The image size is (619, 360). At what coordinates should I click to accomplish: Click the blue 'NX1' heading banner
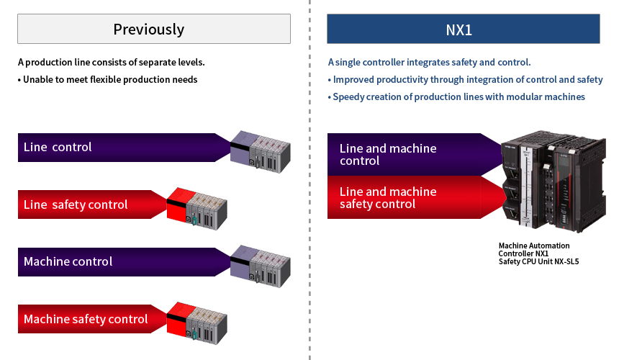463,30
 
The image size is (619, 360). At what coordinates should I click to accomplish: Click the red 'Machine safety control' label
86,319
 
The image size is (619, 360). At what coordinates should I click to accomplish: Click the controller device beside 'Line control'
260,149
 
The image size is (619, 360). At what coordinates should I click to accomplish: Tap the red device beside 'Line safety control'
197,207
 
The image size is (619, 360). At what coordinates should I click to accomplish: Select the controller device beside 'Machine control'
260,264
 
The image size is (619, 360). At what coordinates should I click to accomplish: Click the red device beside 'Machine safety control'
197,322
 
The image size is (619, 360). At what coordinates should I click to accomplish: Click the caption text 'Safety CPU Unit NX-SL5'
538,262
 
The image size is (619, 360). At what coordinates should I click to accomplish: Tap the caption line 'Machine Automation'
533,246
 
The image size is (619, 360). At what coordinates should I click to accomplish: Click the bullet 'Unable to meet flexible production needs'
107,80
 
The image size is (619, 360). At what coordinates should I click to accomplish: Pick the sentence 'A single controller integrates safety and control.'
429,63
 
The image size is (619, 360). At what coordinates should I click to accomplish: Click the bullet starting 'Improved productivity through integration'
465,80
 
